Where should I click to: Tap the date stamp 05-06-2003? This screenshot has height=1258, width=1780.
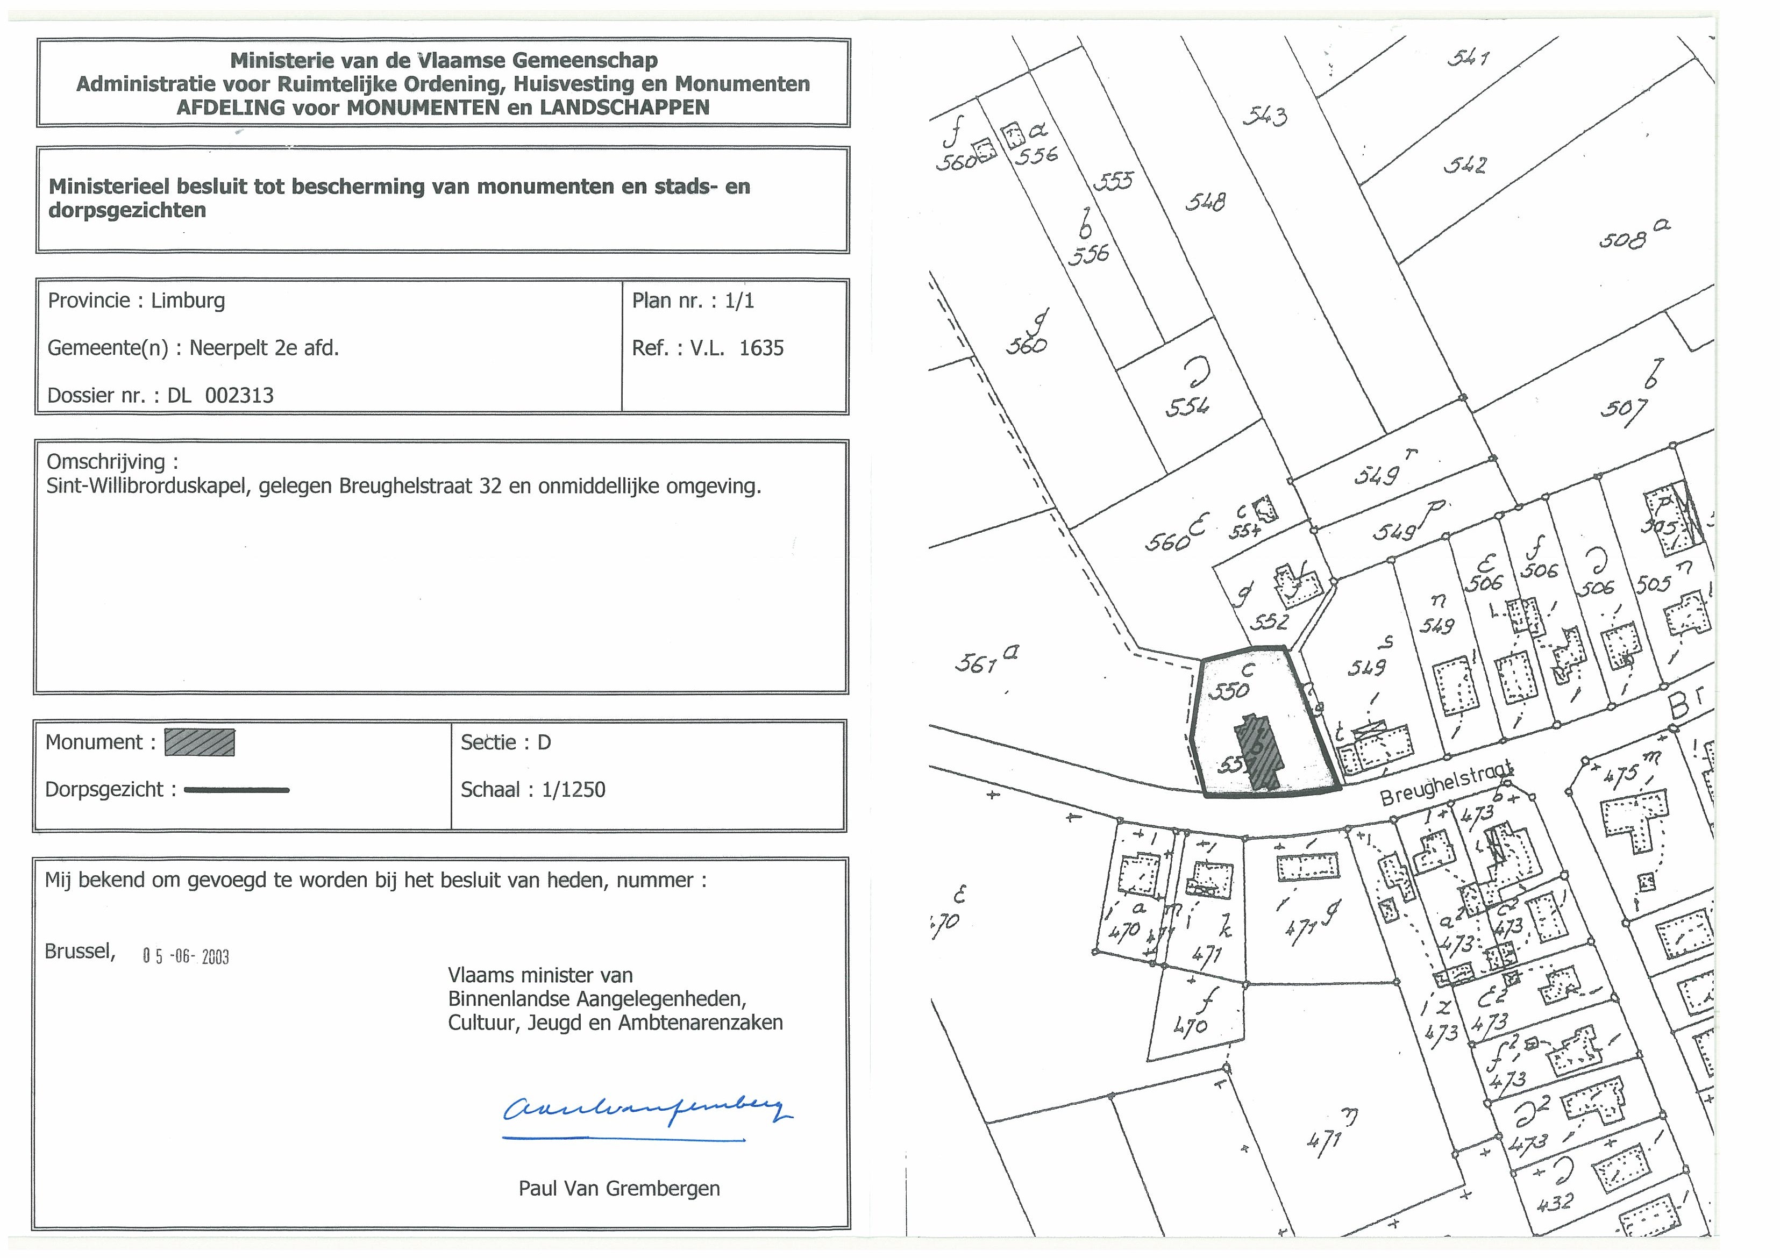[x=186, y=956]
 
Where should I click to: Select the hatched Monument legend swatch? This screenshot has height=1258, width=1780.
[x=200, y=742]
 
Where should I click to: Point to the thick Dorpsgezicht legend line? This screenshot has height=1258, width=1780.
[x=237, y=790]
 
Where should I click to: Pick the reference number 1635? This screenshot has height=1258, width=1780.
[x=761, y=348]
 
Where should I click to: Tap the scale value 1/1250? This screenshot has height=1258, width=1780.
[x=574, y=790]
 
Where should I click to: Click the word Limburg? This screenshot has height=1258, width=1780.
[x=188, y=301]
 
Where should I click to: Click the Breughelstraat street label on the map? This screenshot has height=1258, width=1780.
[x=1446, y=783]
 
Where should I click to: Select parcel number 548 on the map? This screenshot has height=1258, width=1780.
[x=1206, y=202]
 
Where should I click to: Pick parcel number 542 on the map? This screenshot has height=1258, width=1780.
[x=1464, y=165]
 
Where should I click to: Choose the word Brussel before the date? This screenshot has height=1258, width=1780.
[x=79, y=952]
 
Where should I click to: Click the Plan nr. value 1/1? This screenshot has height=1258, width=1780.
[x=739, y=301]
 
